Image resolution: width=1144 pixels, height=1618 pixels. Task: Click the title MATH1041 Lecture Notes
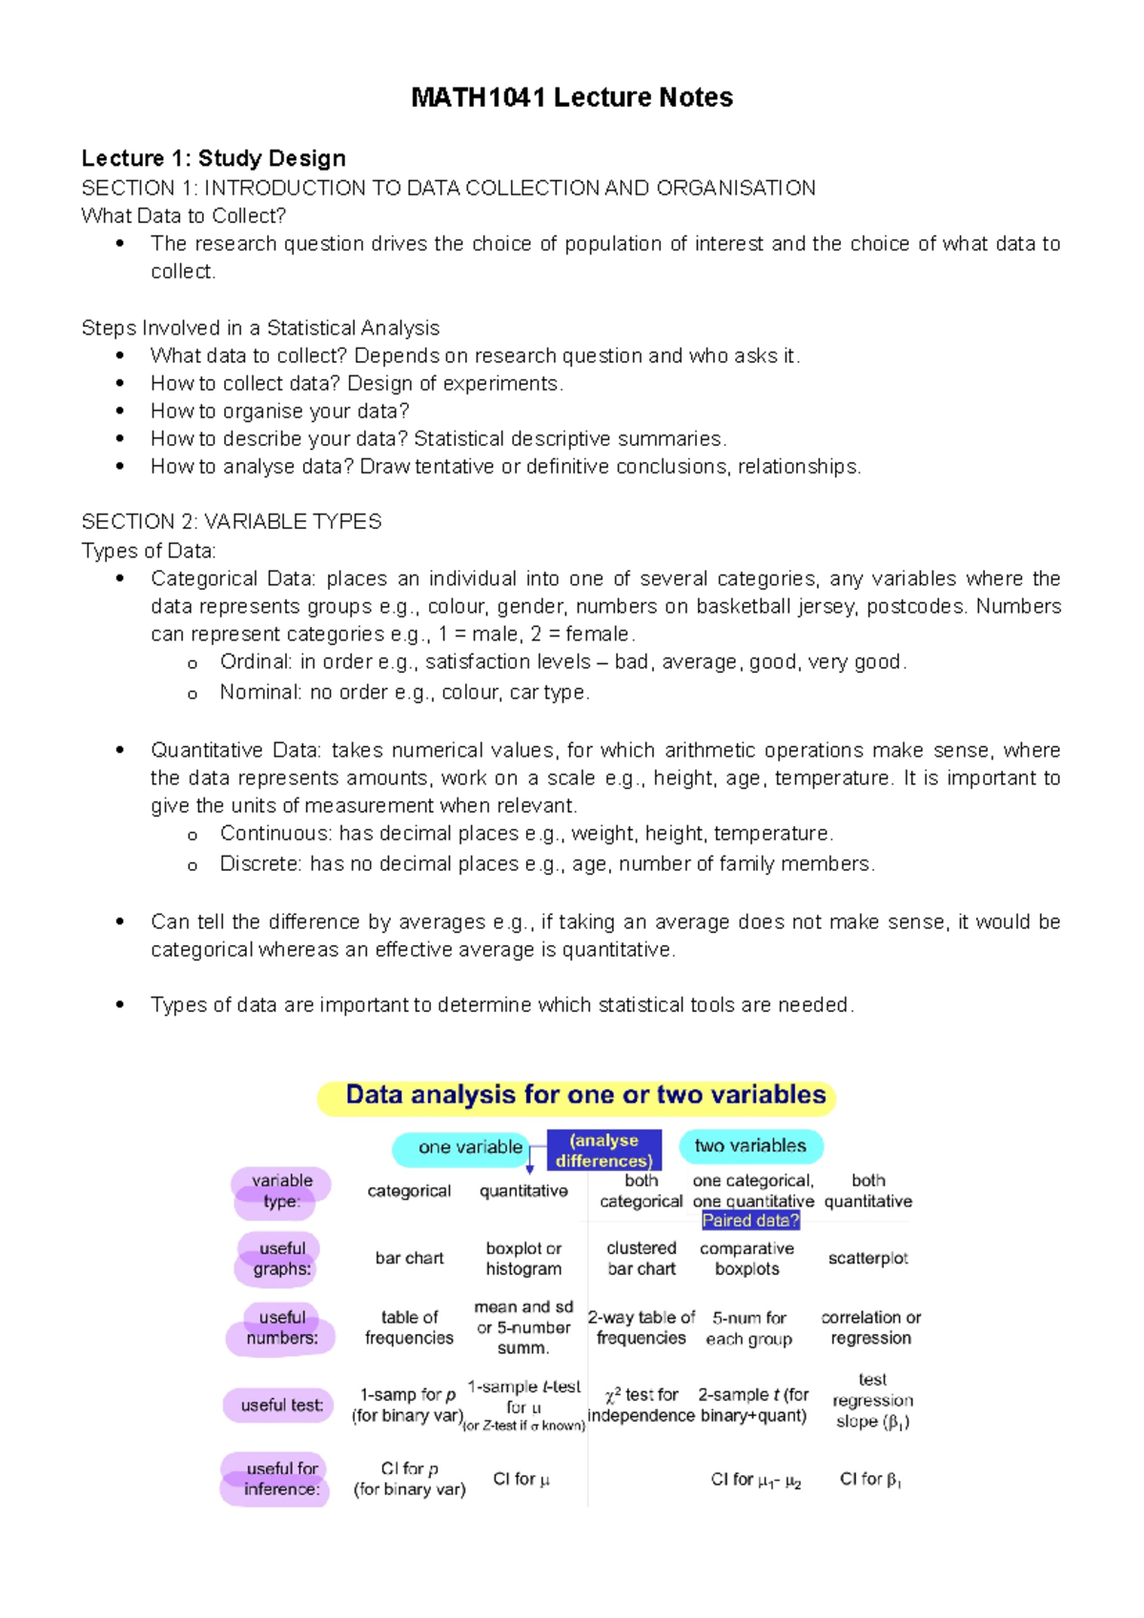571,97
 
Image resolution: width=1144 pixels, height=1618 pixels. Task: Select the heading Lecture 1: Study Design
214,158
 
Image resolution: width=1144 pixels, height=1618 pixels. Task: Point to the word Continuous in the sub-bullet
275,834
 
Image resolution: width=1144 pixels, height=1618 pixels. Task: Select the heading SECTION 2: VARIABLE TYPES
231,522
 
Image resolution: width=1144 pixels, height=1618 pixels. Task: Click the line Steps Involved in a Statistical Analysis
260,329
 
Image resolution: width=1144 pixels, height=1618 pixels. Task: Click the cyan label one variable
469,1147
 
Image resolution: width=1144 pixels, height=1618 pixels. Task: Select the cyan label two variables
750,1146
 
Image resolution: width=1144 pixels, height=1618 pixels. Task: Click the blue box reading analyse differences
603,1150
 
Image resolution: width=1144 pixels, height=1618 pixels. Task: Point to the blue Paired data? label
750,1221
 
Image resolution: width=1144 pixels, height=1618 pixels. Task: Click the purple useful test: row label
280,1406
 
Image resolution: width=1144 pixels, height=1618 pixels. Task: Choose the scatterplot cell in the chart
868,1259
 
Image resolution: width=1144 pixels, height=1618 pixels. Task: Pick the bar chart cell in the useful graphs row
409,1259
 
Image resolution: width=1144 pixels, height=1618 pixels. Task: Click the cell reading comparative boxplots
746,1259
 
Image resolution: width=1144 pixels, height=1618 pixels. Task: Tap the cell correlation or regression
870,1327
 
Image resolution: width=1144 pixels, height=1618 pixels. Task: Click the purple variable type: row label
281,1191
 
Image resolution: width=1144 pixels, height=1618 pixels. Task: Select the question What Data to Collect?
183,216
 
